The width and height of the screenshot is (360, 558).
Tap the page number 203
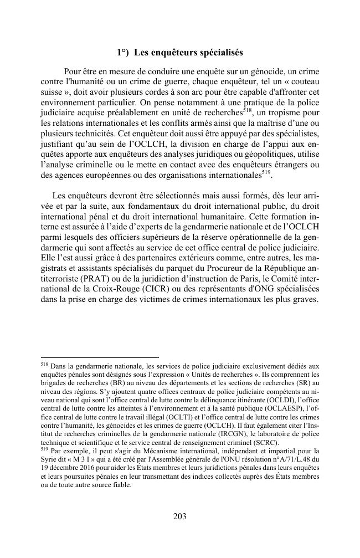click(179, 516)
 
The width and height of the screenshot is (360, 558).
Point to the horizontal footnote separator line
click(100, 357)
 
